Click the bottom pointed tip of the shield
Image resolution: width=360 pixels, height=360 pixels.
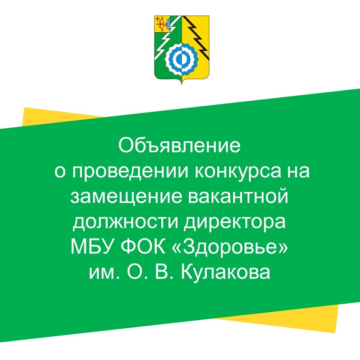[182, 83]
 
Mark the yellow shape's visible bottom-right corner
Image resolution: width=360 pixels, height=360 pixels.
[336, 332]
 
